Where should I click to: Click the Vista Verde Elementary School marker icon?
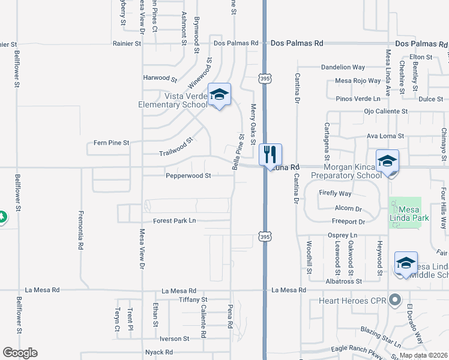pos(220,95)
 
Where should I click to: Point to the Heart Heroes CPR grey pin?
pos(394,299)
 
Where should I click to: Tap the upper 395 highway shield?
pos(264,78)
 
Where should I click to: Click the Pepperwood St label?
pos(188,176)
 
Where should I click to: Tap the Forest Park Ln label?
pos(175,221)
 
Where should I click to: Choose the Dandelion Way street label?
pos(343,68)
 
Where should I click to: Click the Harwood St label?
pos(160,79)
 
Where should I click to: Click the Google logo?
pos(20,353)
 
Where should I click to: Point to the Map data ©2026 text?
pos(423,355)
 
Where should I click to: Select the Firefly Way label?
pos(336,193)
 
